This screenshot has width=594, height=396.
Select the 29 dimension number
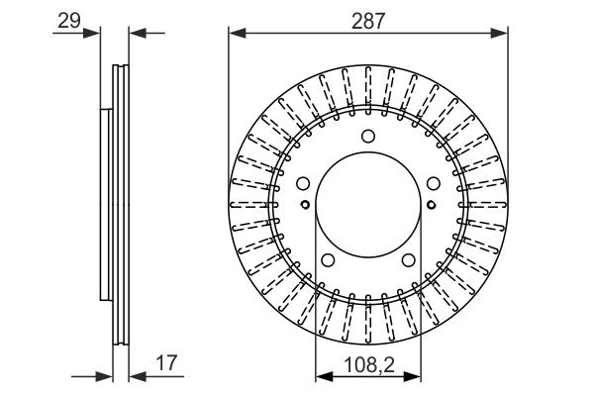[68, 20]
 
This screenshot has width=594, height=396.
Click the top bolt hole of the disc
[367, 138]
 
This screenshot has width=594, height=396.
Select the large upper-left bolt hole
[303, 183]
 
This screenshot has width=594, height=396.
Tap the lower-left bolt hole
[327, 260]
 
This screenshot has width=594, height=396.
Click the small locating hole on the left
[306, 206]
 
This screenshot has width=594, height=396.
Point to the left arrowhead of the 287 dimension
[237, 34]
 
